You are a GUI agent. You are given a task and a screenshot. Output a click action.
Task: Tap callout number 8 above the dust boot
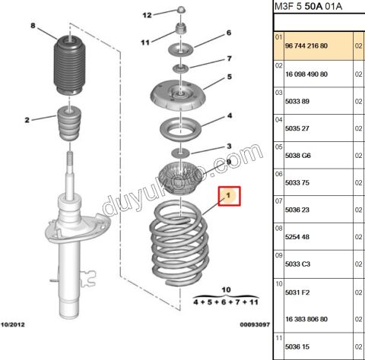[x=33, y=27]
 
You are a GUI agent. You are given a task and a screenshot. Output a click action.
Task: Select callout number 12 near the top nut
[x=148, y=14]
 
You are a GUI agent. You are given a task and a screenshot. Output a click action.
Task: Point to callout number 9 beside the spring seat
[x=228, y=163]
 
